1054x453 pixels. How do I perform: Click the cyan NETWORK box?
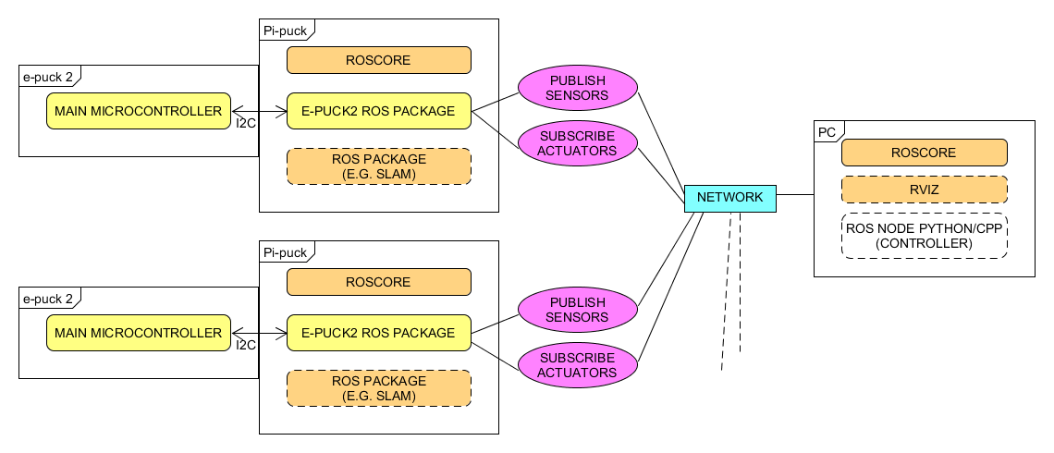click(729, 198)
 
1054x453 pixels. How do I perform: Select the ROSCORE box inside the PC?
click(924, 153)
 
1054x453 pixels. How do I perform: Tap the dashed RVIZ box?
click(924, 190)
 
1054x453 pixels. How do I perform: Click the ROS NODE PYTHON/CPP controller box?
click(924, 236)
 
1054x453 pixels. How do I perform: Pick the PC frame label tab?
click(828, 131)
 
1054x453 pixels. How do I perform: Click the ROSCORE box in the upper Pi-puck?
click(378, 60)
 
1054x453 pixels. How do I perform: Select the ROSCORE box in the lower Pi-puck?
click(378, 282)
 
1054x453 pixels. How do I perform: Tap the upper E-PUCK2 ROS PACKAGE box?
click(378, 111)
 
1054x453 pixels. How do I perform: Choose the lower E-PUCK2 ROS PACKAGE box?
click(378, 333)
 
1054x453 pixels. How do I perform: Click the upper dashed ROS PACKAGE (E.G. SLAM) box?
click(378, 166)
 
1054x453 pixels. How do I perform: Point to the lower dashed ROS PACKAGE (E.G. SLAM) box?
click(378, 388)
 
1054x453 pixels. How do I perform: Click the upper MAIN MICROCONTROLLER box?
click(139, 111)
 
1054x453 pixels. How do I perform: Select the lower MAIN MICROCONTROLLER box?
click(139, 333)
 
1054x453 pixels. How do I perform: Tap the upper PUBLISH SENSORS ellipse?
click(578, 88)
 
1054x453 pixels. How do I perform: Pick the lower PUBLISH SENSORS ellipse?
click(578, 310)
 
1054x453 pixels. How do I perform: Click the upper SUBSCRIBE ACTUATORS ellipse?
click(578, 143)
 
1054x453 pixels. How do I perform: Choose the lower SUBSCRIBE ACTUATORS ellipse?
click(578, 365)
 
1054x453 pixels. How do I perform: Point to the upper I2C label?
click(246, 124)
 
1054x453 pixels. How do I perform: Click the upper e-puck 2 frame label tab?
click(49, 76)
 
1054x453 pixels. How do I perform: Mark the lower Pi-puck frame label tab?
click(286, 251)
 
